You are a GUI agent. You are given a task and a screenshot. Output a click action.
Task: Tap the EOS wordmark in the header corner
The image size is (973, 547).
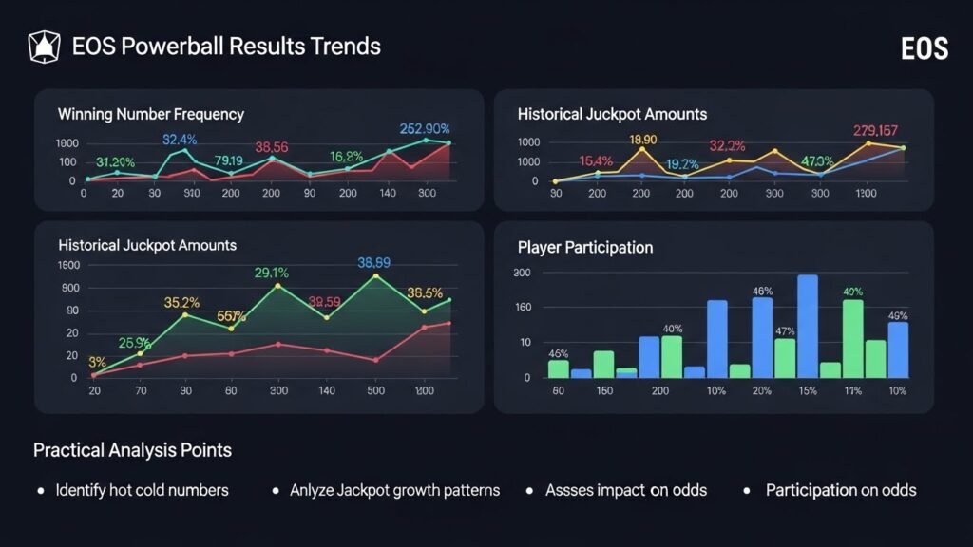[924, 48]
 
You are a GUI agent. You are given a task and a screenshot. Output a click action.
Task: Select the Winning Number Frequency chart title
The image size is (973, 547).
[150, 114]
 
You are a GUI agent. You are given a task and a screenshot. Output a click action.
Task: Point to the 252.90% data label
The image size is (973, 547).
[425, 129]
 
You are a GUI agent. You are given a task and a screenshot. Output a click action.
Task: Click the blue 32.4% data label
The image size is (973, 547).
[180, 140]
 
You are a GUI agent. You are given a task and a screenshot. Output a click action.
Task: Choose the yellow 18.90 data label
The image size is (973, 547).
[643, 140]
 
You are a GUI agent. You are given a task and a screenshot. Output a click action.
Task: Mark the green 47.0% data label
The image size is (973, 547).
[817, 160]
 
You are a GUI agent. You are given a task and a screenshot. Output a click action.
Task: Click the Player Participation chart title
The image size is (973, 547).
[584, 247]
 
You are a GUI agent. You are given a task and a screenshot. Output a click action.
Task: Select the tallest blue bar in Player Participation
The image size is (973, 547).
[808, 326]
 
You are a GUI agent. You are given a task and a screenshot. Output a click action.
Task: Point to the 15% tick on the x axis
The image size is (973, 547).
[808, 391]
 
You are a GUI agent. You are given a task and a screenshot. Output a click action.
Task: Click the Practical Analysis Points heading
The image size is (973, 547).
[132, 449]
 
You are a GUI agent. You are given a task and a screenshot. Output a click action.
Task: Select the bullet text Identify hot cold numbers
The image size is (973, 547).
[142, 490]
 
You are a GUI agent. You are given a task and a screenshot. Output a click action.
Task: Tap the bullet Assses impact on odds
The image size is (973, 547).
[626, 490]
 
